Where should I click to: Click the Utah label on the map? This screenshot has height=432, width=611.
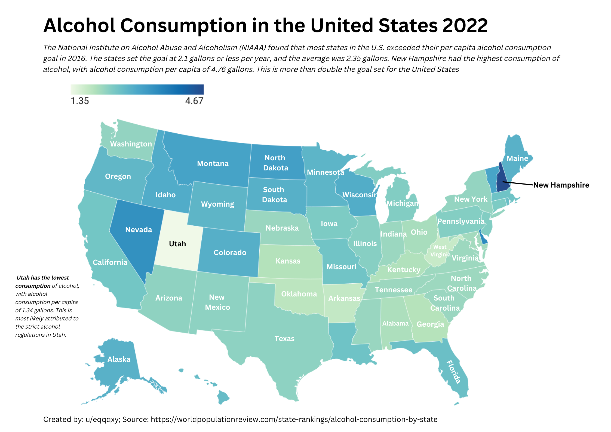[x=177, y=244]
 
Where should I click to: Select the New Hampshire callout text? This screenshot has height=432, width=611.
[x=561, y=185]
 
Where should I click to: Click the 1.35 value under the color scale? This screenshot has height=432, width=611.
[x=80, y=101]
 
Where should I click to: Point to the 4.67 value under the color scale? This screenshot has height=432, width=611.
[x=194, y=101]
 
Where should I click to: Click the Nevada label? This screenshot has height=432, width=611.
[x=139, y=230]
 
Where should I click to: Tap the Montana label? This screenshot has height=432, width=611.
[x=213, y=164]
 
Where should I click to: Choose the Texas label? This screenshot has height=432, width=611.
[x=284, y=339]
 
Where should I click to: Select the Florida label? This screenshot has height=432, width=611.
[x=453, y=372]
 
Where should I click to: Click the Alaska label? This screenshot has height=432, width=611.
[x=119, y=359]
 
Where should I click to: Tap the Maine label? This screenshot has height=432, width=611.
[x=517, y=158]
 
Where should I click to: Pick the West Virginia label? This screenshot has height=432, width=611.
[x=440, y=251]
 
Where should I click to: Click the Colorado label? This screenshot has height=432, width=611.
[x=230, y=253]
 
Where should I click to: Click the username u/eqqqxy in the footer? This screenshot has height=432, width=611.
[x=102, y=419]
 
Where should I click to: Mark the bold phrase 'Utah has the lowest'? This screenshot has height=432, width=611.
[x=43, y=278]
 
